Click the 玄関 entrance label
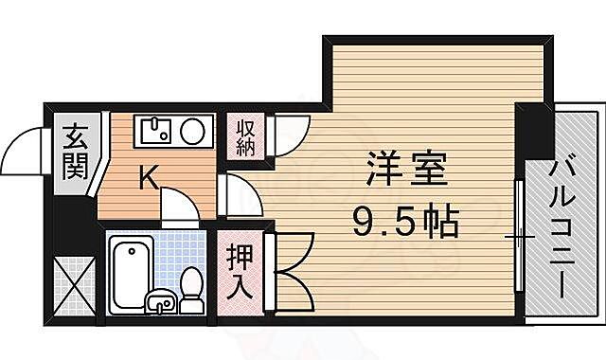click(x=75, y=154)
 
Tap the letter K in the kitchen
click(x=149, y=176)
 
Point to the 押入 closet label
click(x=239, y=271)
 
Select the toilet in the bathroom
click(x=191, y=288)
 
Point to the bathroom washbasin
click(x=161, y=302)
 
